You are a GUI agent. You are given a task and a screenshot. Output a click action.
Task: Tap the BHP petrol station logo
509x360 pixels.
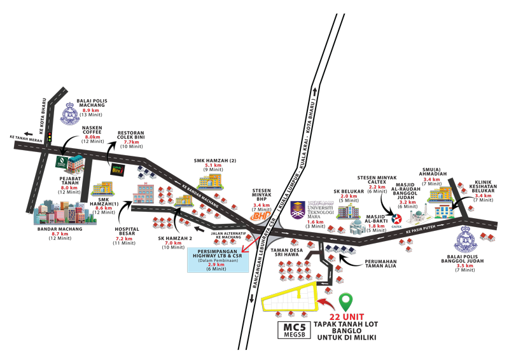tap(260, 216)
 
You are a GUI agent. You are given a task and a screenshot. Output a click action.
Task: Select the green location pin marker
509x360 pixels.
tap(345, 301)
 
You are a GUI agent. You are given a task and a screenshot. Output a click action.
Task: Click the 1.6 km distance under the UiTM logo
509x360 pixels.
tap(316, 223)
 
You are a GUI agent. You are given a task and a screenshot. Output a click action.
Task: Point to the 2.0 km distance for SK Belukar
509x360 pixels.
tap(349, 197)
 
